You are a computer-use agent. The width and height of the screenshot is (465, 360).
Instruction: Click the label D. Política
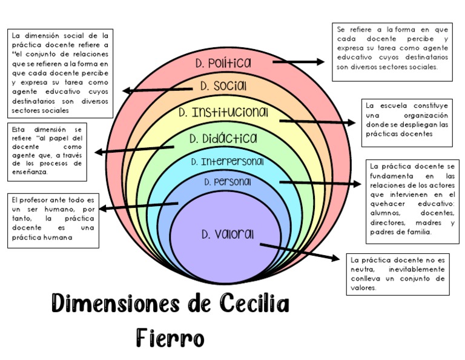click(x=223, y=63)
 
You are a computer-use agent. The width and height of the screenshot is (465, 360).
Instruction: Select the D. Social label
click(x=223, y=87)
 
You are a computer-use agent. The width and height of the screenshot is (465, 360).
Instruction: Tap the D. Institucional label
click(x=223, y=113)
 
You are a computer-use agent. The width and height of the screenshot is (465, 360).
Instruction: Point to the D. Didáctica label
click(x=223, y=139)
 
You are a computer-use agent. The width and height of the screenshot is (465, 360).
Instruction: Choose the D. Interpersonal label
click(x=227, y=162)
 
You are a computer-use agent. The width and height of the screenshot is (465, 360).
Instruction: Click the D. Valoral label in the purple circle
click(x=228, y=234)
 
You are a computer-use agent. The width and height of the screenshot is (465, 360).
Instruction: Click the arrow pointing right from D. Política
click(x=298, y=62)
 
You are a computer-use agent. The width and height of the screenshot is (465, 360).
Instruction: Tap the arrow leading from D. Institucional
click(x=317, y=121)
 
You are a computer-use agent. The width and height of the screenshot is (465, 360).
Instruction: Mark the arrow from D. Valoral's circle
click(x=300, y=252)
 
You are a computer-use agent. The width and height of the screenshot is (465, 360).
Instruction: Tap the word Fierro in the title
click(x=171, y=338)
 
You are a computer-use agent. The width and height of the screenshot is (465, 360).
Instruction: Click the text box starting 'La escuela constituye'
click(x=407, y=124)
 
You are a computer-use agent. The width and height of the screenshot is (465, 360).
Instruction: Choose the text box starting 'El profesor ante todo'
click(x=53, y=221)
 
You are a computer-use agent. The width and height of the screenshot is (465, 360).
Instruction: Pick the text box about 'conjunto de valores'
click(x=397, y=274)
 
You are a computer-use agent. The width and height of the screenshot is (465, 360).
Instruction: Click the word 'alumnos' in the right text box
click(x=385, y=213)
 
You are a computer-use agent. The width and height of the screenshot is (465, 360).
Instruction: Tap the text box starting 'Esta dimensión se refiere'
click(x=47, y=150)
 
